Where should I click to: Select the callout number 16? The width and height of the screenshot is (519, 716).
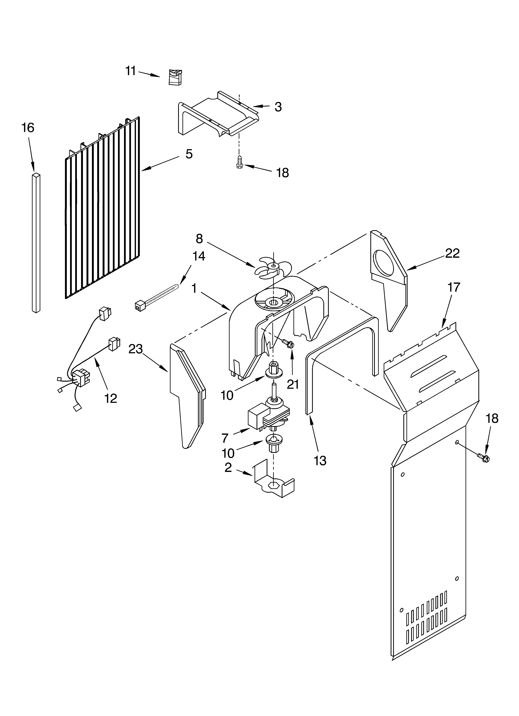[x=28, y=128]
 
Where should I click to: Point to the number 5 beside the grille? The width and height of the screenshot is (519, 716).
[x=189, y=154]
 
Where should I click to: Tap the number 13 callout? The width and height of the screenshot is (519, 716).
[x=320, y=461]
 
